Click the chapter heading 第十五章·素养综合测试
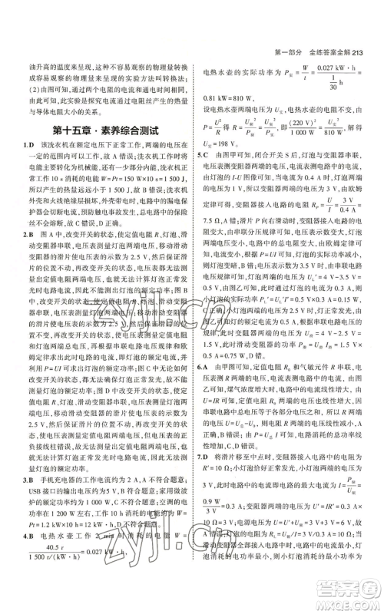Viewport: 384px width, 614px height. tap(104, 130)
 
